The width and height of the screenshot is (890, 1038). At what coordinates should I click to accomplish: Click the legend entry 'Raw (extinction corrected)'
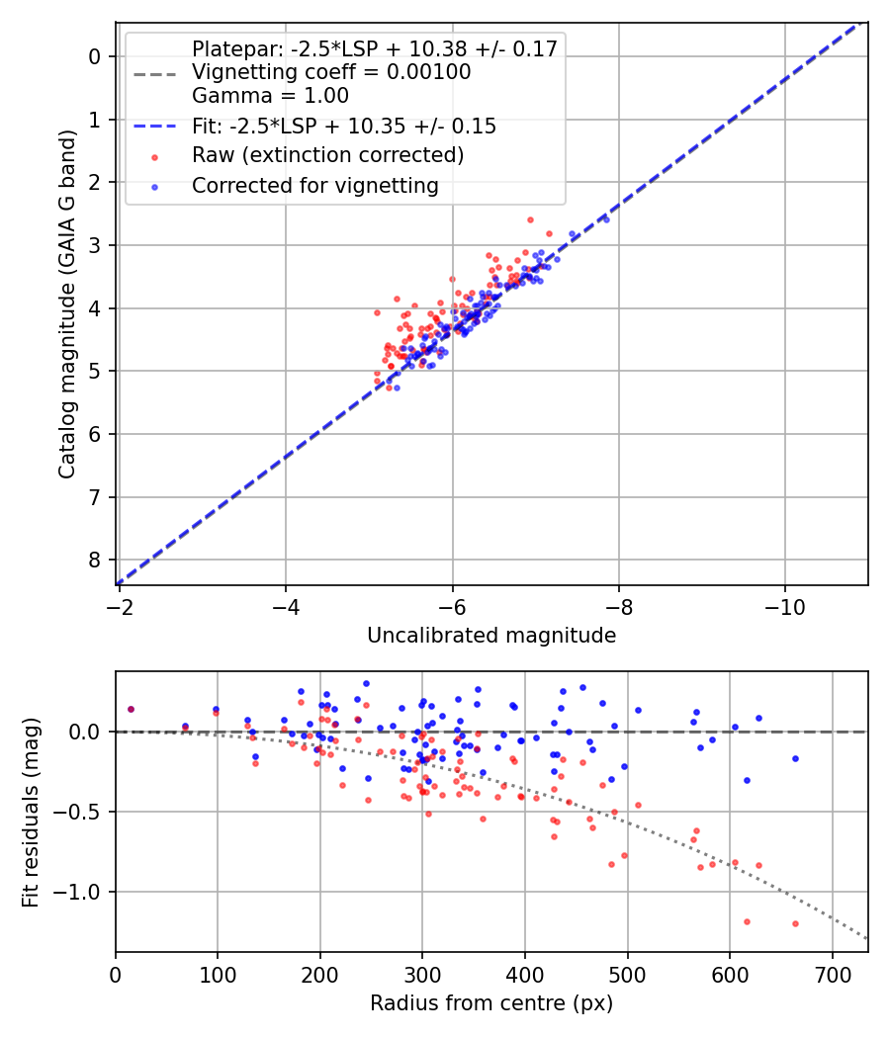click(327, 155)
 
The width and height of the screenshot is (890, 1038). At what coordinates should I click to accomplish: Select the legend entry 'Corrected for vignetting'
click(314, 185)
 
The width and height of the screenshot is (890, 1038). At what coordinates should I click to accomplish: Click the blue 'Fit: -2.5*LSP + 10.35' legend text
click(343, 127)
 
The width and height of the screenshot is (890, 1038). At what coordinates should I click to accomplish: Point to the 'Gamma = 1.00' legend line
click(270, 96)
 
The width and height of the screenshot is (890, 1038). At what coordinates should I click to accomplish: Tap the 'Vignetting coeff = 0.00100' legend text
click(331, 72)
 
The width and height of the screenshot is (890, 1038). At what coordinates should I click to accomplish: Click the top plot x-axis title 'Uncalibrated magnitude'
click(491, 636)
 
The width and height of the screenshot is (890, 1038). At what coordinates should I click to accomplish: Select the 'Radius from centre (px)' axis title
click(491, 1003)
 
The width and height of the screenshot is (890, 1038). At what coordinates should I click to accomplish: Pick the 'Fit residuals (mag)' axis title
click(32, 812)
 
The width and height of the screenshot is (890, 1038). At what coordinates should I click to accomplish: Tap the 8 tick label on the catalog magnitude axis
click(95, 560)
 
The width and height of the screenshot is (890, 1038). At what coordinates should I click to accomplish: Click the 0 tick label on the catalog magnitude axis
click(95, 56)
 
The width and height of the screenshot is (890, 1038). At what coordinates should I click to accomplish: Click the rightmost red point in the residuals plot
click(795, 923)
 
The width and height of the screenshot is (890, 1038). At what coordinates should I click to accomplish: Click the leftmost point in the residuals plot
click(131, 709)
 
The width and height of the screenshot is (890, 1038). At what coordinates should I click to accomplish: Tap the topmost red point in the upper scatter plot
click(530, 219)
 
